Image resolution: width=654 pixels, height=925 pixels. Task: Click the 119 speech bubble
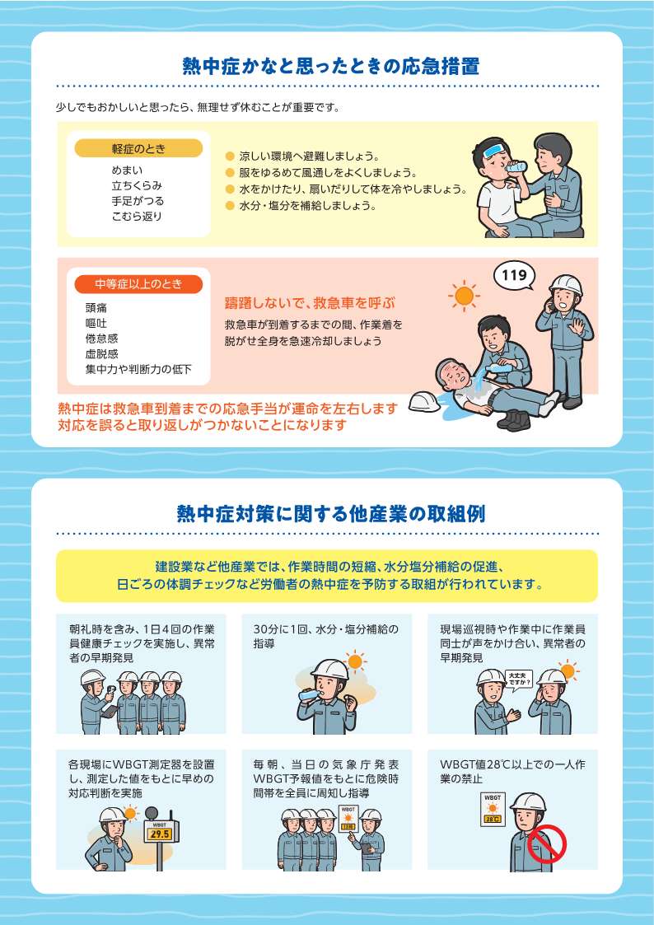tap(514, 275)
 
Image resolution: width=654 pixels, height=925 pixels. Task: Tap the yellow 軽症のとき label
tap(138, 148)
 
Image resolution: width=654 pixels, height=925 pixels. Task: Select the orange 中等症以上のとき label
tap(138, 284)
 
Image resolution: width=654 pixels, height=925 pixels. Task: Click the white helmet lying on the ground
tap(424, 402)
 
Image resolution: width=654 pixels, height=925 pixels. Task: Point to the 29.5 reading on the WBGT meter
tap(160, 834)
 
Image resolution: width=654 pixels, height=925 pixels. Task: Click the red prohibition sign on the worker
tap(547, 844)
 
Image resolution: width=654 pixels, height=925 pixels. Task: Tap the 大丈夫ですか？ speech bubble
tap(520, 679)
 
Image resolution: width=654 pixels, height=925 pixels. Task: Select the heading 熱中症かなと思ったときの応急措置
tap(331, 66)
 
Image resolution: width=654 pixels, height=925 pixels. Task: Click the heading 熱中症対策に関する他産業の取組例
tap(331, 513)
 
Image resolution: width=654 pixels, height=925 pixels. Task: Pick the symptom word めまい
tap(128, 171)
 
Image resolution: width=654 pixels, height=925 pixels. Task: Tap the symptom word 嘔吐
tap(96, 323)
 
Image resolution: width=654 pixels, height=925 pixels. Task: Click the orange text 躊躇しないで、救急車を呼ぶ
tap(310, 304)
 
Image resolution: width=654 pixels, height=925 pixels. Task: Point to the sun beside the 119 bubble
tap(464, 296)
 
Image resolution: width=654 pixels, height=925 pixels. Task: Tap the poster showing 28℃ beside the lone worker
tap(492, 809)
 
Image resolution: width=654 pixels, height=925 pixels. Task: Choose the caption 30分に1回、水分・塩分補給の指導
tap(326, 637)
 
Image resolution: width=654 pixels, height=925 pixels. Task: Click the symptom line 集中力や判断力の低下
tap(138, 370)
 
